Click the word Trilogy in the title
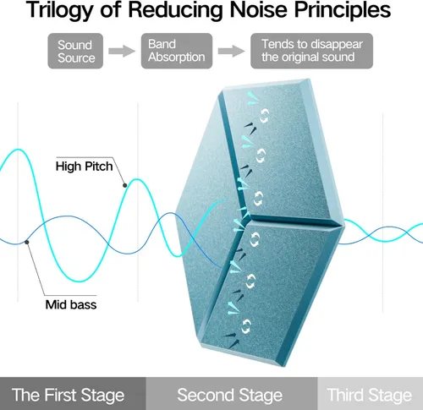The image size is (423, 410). [x=60, y=10]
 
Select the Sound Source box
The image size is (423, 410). [x=75, y=51]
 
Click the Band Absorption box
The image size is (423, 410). [x=177, y=51]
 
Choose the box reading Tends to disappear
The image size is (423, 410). [x=311, y=51]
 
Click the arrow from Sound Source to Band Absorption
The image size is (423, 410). [x=122, y=51]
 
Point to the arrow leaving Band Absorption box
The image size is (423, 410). [x=231, y=51]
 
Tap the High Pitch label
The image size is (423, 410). [x=84, y=167]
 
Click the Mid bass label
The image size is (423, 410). [x=71, y=304]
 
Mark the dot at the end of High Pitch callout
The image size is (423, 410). [x=124, y=185]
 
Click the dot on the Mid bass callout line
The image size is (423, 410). [x=27, y=242]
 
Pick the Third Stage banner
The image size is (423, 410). [x=371, y=394]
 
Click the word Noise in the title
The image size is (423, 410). [x=260, y=10]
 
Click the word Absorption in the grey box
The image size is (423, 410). [x=177, y=57]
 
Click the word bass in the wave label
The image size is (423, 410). [x=84, y=304]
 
